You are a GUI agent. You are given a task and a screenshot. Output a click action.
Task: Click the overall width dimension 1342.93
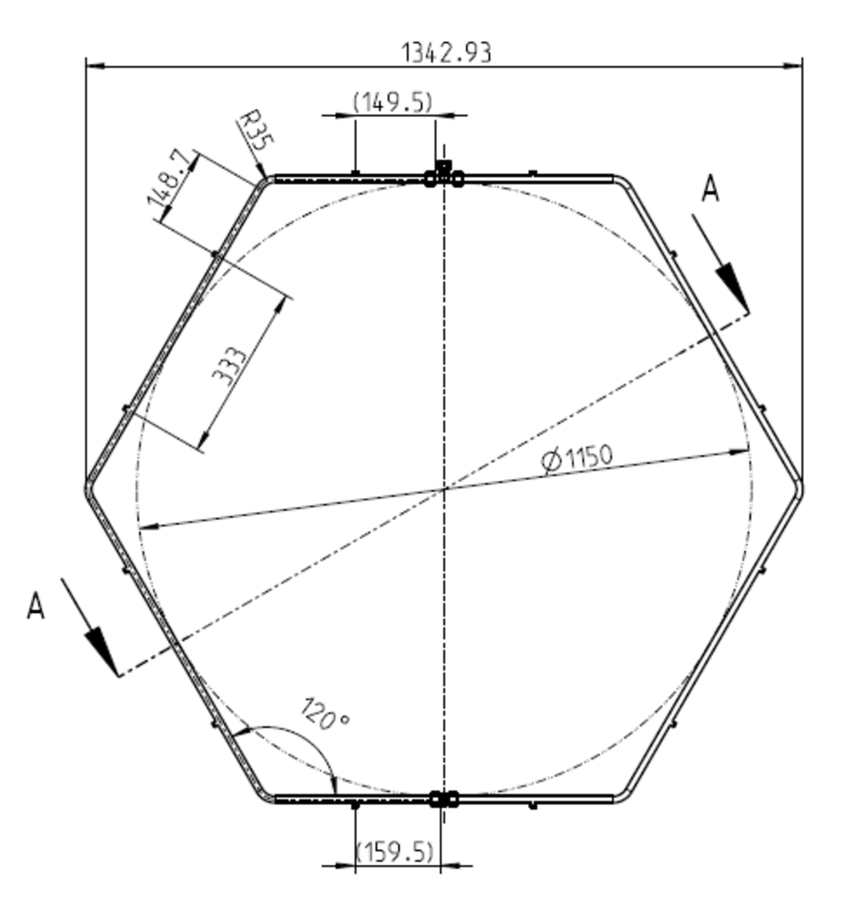tap(446, 52)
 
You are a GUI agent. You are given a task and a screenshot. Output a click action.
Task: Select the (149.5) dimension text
tap(392, 102)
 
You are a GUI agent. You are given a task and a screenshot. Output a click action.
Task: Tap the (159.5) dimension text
tap(395, 852)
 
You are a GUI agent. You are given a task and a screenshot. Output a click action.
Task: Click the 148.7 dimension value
tap(167, 178)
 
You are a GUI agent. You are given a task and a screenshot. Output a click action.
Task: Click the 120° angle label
tap(324, 714)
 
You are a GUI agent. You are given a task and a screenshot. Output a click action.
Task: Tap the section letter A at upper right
tap(710, 189)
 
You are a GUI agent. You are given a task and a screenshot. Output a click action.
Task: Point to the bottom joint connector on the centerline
tap(444, 799)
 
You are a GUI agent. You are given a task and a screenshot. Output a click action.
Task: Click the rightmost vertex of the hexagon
tap(801, 488)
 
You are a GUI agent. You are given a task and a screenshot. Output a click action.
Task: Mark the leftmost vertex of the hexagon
tap(87, 488)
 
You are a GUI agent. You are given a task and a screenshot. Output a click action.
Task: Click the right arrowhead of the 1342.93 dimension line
tap(794, 66)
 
